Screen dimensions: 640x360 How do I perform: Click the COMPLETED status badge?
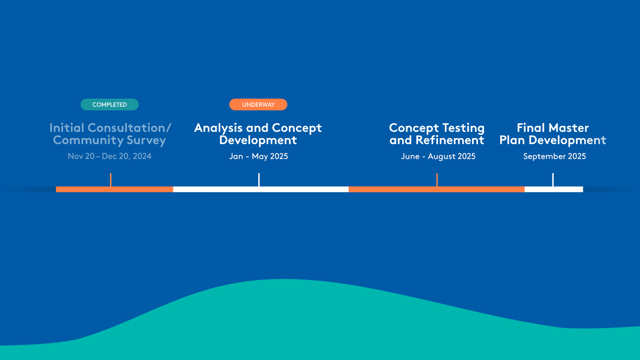pos(110,104)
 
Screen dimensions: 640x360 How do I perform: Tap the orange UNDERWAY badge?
pos(258,104)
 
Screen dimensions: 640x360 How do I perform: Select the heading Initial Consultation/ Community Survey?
pos(110,134)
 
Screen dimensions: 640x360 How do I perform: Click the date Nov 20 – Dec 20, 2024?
pos(110,156)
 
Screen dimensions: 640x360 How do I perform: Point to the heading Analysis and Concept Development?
pos(258,134)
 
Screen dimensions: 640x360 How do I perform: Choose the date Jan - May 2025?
pos(258,156)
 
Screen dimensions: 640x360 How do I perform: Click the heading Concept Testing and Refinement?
pos(437,134)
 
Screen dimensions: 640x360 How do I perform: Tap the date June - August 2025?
pos(438,156)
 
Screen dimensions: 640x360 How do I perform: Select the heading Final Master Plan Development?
pos(553,134)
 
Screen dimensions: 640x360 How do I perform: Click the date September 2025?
pos(554,156)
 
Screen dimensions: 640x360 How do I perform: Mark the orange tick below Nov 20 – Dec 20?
pos(110,180)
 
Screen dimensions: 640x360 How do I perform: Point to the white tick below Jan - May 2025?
pos(259,180)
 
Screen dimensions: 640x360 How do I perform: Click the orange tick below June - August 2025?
pos(437,180)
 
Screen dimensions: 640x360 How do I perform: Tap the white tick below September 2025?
pos(553,180)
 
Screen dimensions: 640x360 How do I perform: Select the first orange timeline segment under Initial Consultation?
pos(114,189)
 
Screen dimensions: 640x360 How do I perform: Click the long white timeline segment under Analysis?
pos(261,189)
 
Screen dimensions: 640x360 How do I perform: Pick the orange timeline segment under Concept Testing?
pos(436,189)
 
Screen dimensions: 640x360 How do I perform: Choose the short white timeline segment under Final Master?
pos(554,189)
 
